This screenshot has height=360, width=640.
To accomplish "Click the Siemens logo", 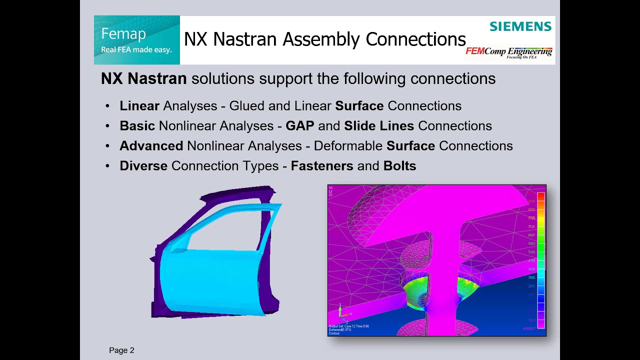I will click(520, 26).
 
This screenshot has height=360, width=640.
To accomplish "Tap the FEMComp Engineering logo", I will click(509, 52).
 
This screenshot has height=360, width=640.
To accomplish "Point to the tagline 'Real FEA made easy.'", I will click(136, 49).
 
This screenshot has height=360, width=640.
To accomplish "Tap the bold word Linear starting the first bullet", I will click(139, 106).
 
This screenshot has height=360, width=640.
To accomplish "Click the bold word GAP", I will click(299, 126).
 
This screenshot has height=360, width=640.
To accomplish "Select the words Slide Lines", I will click(379, 126).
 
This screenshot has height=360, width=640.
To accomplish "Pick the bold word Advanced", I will click(151, 146).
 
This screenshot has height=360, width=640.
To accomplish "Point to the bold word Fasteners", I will click(322, 166).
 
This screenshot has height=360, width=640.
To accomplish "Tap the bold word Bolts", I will click(399, 166).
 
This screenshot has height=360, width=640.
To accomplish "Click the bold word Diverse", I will click(143, 166).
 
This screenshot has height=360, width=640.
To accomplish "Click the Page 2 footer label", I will click(121, 350).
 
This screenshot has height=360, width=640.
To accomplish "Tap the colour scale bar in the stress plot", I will click(540, 260).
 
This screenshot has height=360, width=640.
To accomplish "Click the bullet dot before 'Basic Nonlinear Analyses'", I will click(107, 126).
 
